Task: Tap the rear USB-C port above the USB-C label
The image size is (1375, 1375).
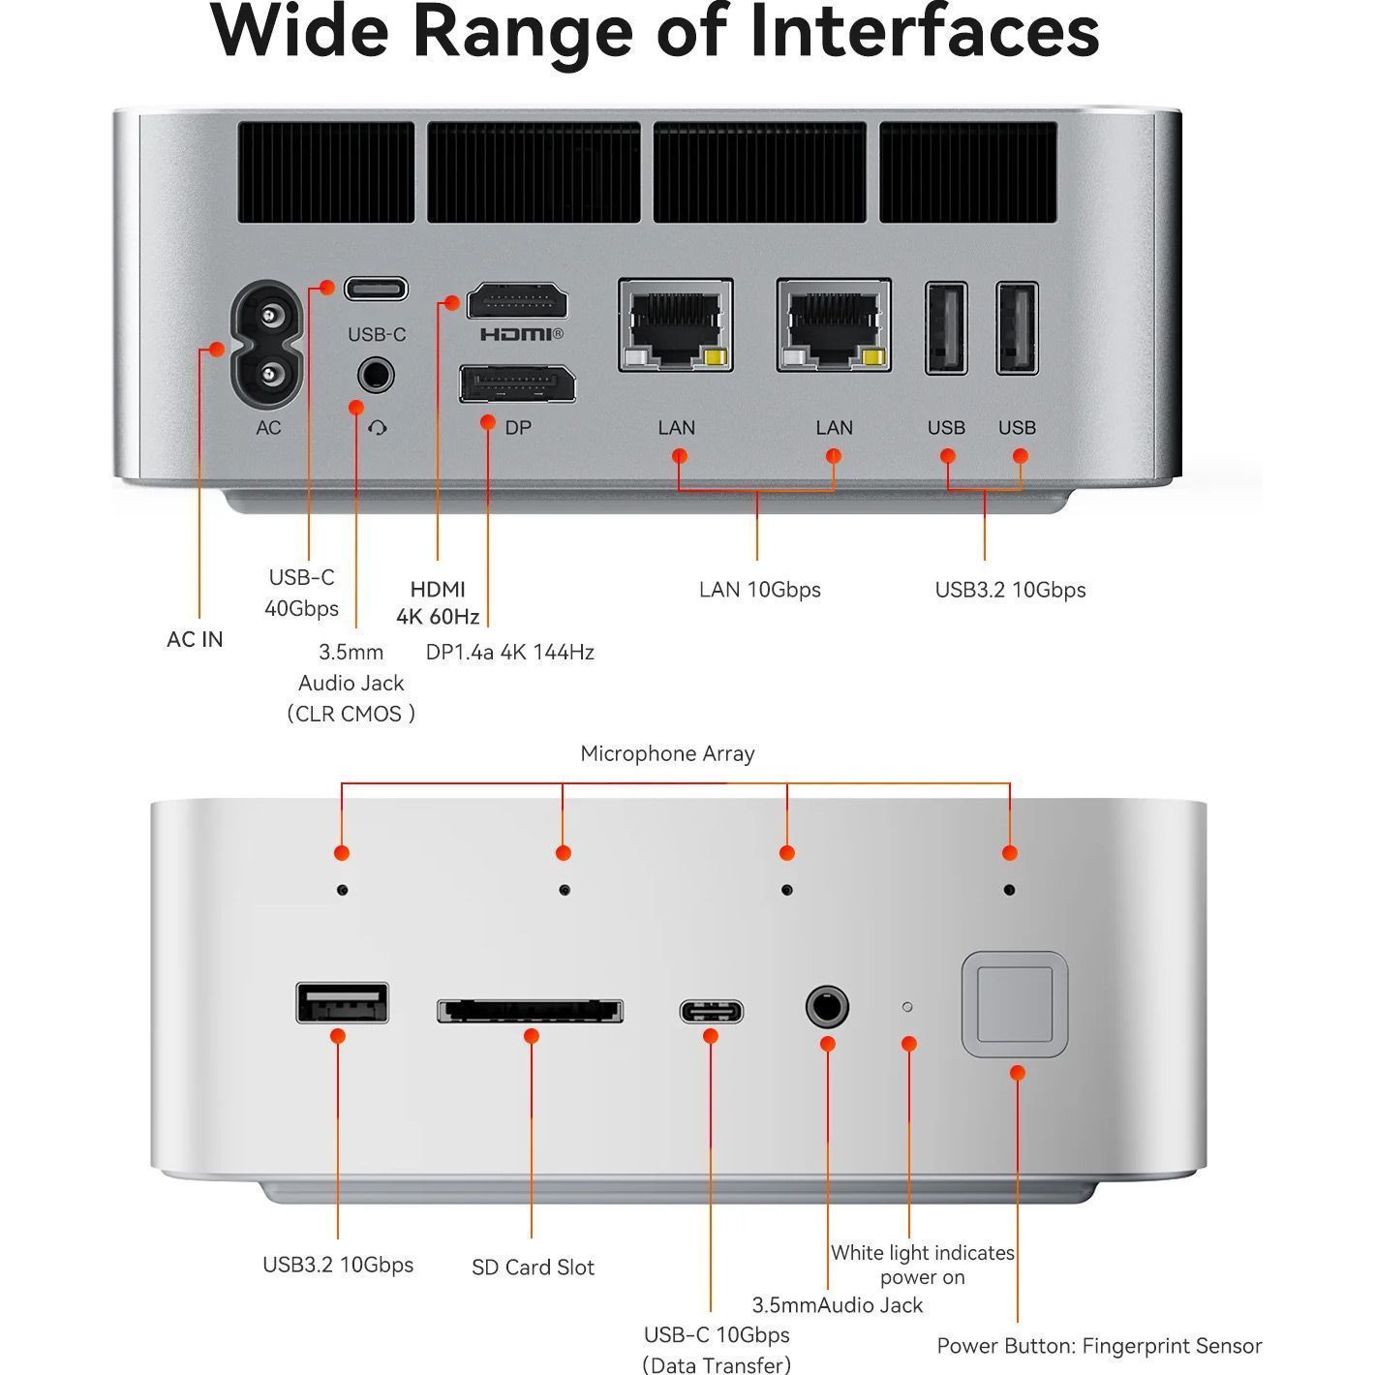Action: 377,289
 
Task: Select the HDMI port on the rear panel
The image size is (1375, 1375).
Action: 517,302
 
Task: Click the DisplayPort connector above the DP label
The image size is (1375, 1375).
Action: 517,384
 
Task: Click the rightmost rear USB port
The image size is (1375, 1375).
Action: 1018,328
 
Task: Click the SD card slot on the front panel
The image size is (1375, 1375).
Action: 531,1011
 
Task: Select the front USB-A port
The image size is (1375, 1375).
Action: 343,1003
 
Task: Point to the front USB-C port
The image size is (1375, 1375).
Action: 711,1012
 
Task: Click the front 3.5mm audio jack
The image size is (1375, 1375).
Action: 827,1008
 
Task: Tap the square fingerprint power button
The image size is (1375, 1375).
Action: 1014,1004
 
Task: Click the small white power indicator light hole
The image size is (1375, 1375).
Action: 907,1007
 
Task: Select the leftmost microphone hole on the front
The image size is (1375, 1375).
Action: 342,889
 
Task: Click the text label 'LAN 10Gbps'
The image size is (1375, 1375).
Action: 759,590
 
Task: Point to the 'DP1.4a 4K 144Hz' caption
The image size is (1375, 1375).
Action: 509,652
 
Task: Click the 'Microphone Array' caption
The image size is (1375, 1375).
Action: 667,753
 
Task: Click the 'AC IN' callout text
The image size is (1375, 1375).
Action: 195,639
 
